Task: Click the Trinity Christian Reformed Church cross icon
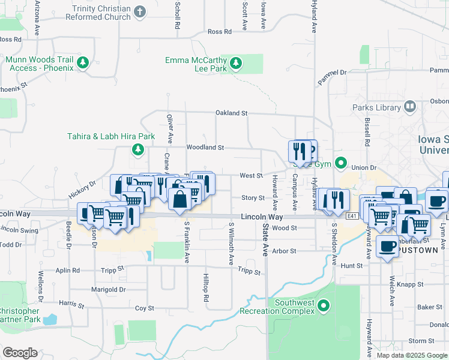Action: pos(139,12)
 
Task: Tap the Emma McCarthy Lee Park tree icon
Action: pos(236,62)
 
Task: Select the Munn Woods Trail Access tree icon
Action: pos(83,62)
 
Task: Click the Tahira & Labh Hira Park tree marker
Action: pos(138,148)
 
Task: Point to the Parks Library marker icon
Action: pos(410,107)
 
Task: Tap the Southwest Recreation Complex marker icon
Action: pos(324,307)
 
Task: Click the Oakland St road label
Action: pos(232,113)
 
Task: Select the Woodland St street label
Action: pos(205,147)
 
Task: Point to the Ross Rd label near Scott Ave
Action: pos(220,32)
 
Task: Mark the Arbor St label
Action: pos(285,251)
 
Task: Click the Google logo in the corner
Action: pos(20,353)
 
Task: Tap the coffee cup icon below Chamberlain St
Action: pos(387,246)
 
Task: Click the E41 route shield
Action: pos(352,215)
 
